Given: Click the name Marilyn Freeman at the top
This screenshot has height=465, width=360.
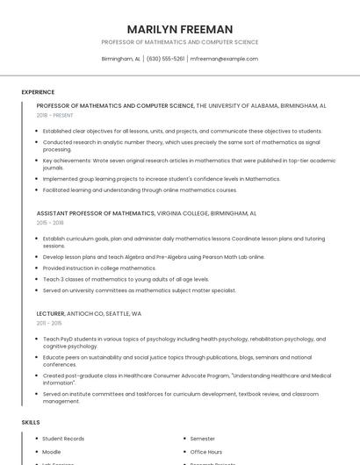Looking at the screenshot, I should point(180,29).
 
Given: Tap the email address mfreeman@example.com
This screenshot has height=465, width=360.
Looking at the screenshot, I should point(224,59).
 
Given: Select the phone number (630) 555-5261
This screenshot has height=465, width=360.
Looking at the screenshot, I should point(165,59).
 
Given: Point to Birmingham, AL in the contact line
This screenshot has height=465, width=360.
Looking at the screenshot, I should point(121,59).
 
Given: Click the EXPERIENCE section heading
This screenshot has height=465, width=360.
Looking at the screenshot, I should point(38,92).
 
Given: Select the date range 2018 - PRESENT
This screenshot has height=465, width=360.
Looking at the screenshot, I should point(54,115).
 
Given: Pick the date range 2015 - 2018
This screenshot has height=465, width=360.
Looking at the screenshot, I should point(50,223).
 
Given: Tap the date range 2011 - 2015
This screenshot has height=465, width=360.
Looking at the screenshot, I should point(49,323).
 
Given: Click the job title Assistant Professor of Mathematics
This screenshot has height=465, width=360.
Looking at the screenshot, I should point(95,213).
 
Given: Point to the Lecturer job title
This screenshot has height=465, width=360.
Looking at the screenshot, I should point(51,313).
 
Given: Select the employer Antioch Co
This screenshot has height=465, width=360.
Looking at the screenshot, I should point(86,313).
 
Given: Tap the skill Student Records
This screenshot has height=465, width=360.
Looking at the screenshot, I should point(63,438).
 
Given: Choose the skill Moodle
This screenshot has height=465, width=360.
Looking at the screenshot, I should point(53,451).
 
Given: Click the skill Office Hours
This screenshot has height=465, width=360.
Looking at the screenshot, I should point(206,451).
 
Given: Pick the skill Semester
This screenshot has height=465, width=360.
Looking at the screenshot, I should point(203,438).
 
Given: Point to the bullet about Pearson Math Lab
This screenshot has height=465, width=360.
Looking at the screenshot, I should point(153,257).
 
